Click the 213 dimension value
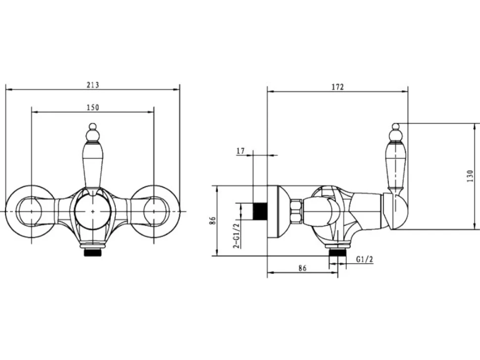coord(93,85)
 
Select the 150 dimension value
coord(93,107)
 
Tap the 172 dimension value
coord(337,87)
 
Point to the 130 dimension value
coord(470,177)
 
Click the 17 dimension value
coord(240,151)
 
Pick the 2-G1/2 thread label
coord(236,235)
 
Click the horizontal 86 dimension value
coord(302,268)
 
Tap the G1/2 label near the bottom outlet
coord(365,260)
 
